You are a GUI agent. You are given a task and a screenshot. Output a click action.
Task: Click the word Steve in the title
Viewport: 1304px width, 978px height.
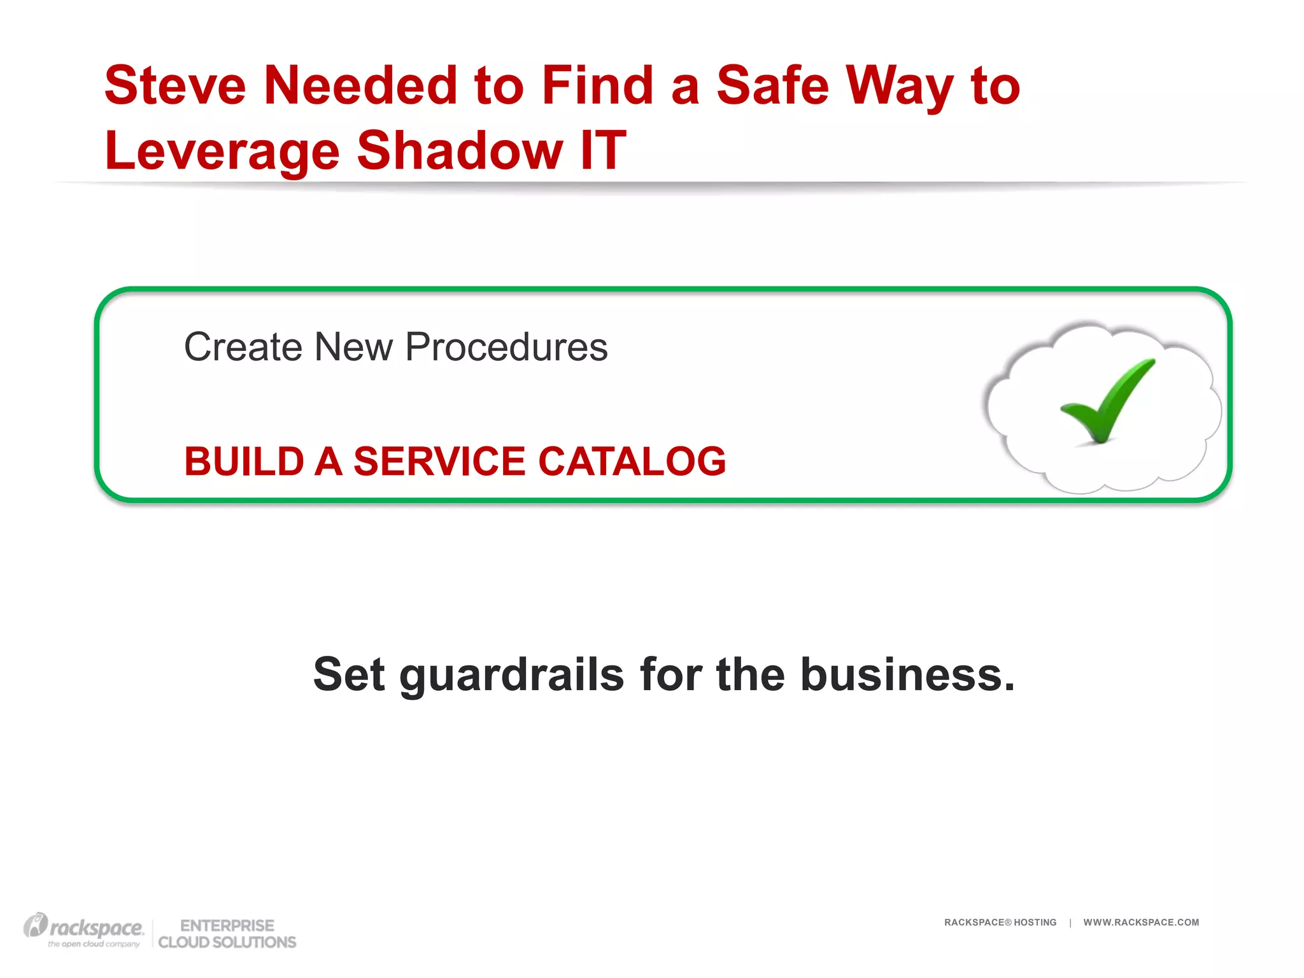175,85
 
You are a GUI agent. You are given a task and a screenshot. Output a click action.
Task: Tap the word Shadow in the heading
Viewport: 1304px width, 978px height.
460,150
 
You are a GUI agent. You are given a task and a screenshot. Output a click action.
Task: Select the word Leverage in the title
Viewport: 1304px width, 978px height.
222,152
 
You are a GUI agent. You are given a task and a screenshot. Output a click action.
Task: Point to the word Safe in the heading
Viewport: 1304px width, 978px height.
772,85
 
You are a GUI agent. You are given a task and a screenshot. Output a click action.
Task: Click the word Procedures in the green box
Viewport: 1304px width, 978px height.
506,347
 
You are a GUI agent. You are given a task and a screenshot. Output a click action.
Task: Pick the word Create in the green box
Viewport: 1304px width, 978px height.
243,347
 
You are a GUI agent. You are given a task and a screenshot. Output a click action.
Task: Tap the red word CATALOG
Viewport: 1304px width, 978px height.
632,461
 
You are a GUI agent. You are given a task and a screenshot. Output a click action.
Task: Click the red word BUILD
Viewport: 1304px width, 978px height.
244,461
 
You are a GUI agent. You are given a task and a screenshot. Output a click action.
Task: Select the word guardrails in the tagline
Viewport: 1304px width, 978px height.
511,675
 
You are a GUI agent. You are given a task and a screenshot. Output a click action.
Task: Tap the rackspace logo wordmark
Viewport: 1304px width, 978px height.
96,928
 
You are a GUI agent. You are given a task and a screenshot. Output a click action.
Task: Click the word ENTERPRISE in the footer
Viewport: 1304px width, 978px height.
227,925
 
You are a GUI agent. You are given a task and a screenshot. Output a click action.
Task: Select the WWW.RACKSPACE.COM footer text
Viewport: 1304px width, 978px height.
1141,922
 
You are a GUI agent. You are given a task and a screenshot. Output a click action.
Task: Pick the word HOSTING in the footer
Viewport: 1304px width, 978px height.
1035,922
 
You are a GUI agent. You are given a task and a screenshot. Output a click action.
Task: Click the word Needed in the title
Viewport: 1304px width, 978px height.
360,85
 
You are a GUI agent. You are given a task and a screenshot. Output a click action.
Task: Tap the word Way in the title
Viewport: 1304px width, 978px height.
898,87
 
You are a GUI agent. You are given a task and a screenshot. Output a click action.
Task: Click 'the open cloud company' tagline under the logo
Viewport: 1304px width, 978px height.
94,944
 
